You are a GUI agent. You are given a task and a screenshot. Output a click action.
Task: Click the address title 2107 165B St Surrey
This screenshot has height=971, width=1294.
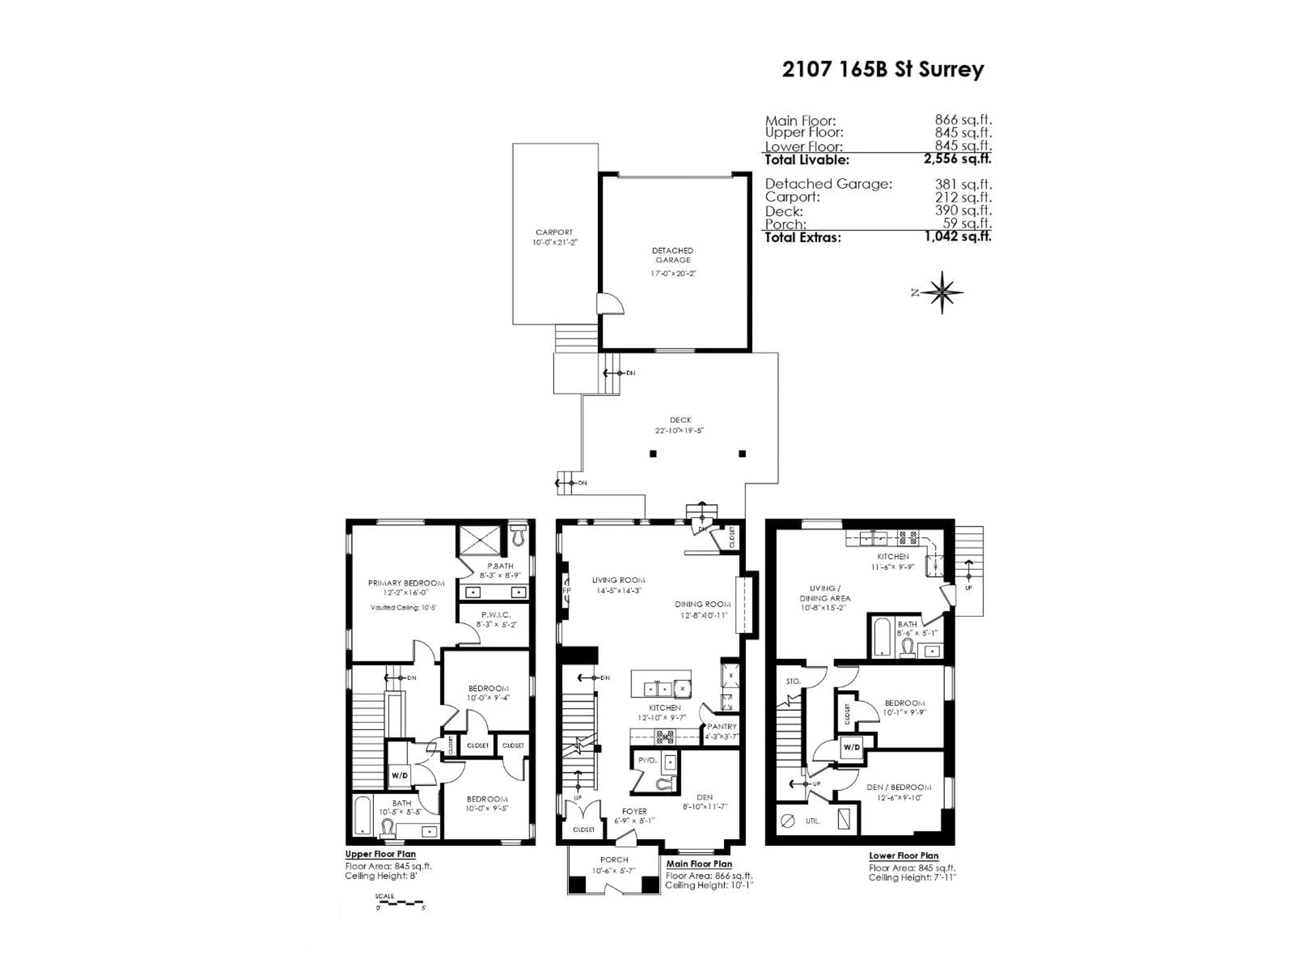coord(883,70)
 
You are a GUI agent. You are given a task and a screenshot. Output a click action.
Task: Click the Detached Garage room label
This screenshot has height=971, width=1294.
coord(673,255)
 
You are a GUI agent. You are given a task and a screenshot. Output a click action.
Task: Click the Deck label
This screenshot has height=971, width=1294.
coord(680,420)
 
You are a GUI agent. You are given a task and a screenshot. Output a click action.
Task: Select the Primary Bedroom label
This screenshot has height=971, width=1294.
coord(406,583)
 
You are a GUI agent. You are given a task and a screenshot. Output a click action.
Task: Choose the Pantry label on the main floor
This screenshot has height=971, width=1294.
coord(722,726)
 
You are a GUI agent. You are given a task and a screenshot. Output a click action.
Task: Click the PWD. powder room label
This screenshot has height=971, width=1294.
coord(647,760)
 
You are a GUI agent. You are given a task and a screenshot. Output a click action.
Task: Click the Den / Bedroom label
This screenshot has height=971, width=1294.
coord(898,787)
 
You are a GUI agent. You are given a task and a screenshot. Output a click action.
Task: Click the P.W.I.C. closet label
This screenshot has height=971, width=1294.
coord(496,615)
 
